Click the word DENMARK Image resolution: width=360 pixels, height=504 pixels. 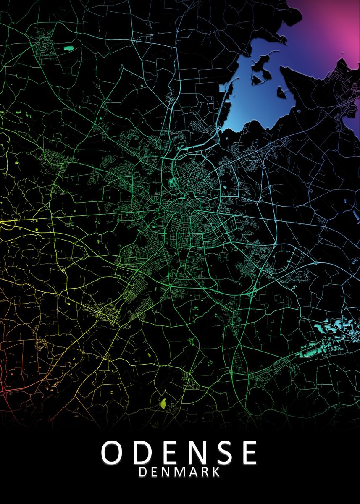(x=179, y=472)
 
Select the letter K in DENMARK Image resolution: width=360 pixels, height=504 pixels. (x=215, y=472)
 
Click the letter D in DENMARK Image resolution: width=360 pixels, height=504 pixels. (x=143, y=472)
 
